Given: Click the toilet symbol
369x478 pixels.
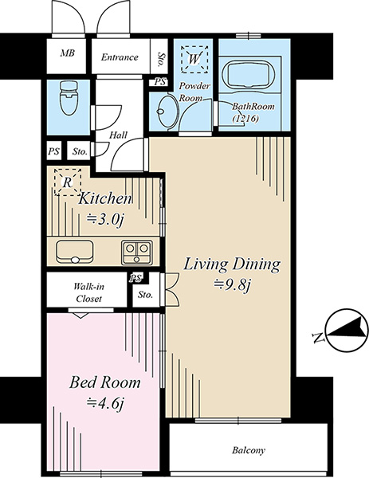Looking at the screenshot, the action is click(x=69, y=97).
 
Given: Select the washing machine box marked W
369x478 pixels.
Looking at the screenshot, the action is click(x=194, y=59).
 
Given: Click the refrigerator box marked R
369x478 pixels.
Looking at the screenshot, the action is click(x=68, y=182).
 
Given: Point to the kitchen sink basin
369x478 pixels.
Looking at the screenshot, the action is click(x=74, y=252).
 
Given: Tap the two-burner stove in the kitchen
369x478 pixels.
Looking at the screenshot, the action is click(x=136, y=253).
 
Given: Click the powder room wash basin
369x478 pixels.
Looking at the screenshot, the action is click(x=167, y=112).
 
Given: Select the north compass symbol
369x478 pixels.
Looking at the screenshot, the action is click(x=346, y=331).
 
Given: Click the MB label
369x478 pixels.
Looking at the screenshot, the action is click(x=68, y=53).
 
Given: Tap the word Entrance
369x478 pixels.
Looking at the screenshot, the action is click(x=120, y=57).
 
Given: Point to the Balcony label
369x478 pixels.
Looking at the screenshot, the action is click(x=249, y=450).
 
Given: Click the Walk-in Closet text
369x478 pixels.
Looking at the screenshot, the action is click(x=88, y=292).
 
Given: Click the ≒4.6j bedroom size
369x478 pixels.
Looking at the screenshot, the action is click(x=105, y=403).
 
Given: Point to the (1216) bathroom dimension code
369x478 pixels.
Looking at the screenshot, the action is click(x=245, y=118).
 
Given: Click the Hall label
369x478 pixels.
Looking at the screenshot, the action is click(x=118, y=135).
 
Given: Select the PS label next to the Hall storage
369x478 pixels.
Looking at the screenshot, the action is click(x=53, y=151).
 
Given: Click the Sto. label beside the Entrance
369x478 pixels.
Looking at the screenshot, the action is click(x=159, y=60).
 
